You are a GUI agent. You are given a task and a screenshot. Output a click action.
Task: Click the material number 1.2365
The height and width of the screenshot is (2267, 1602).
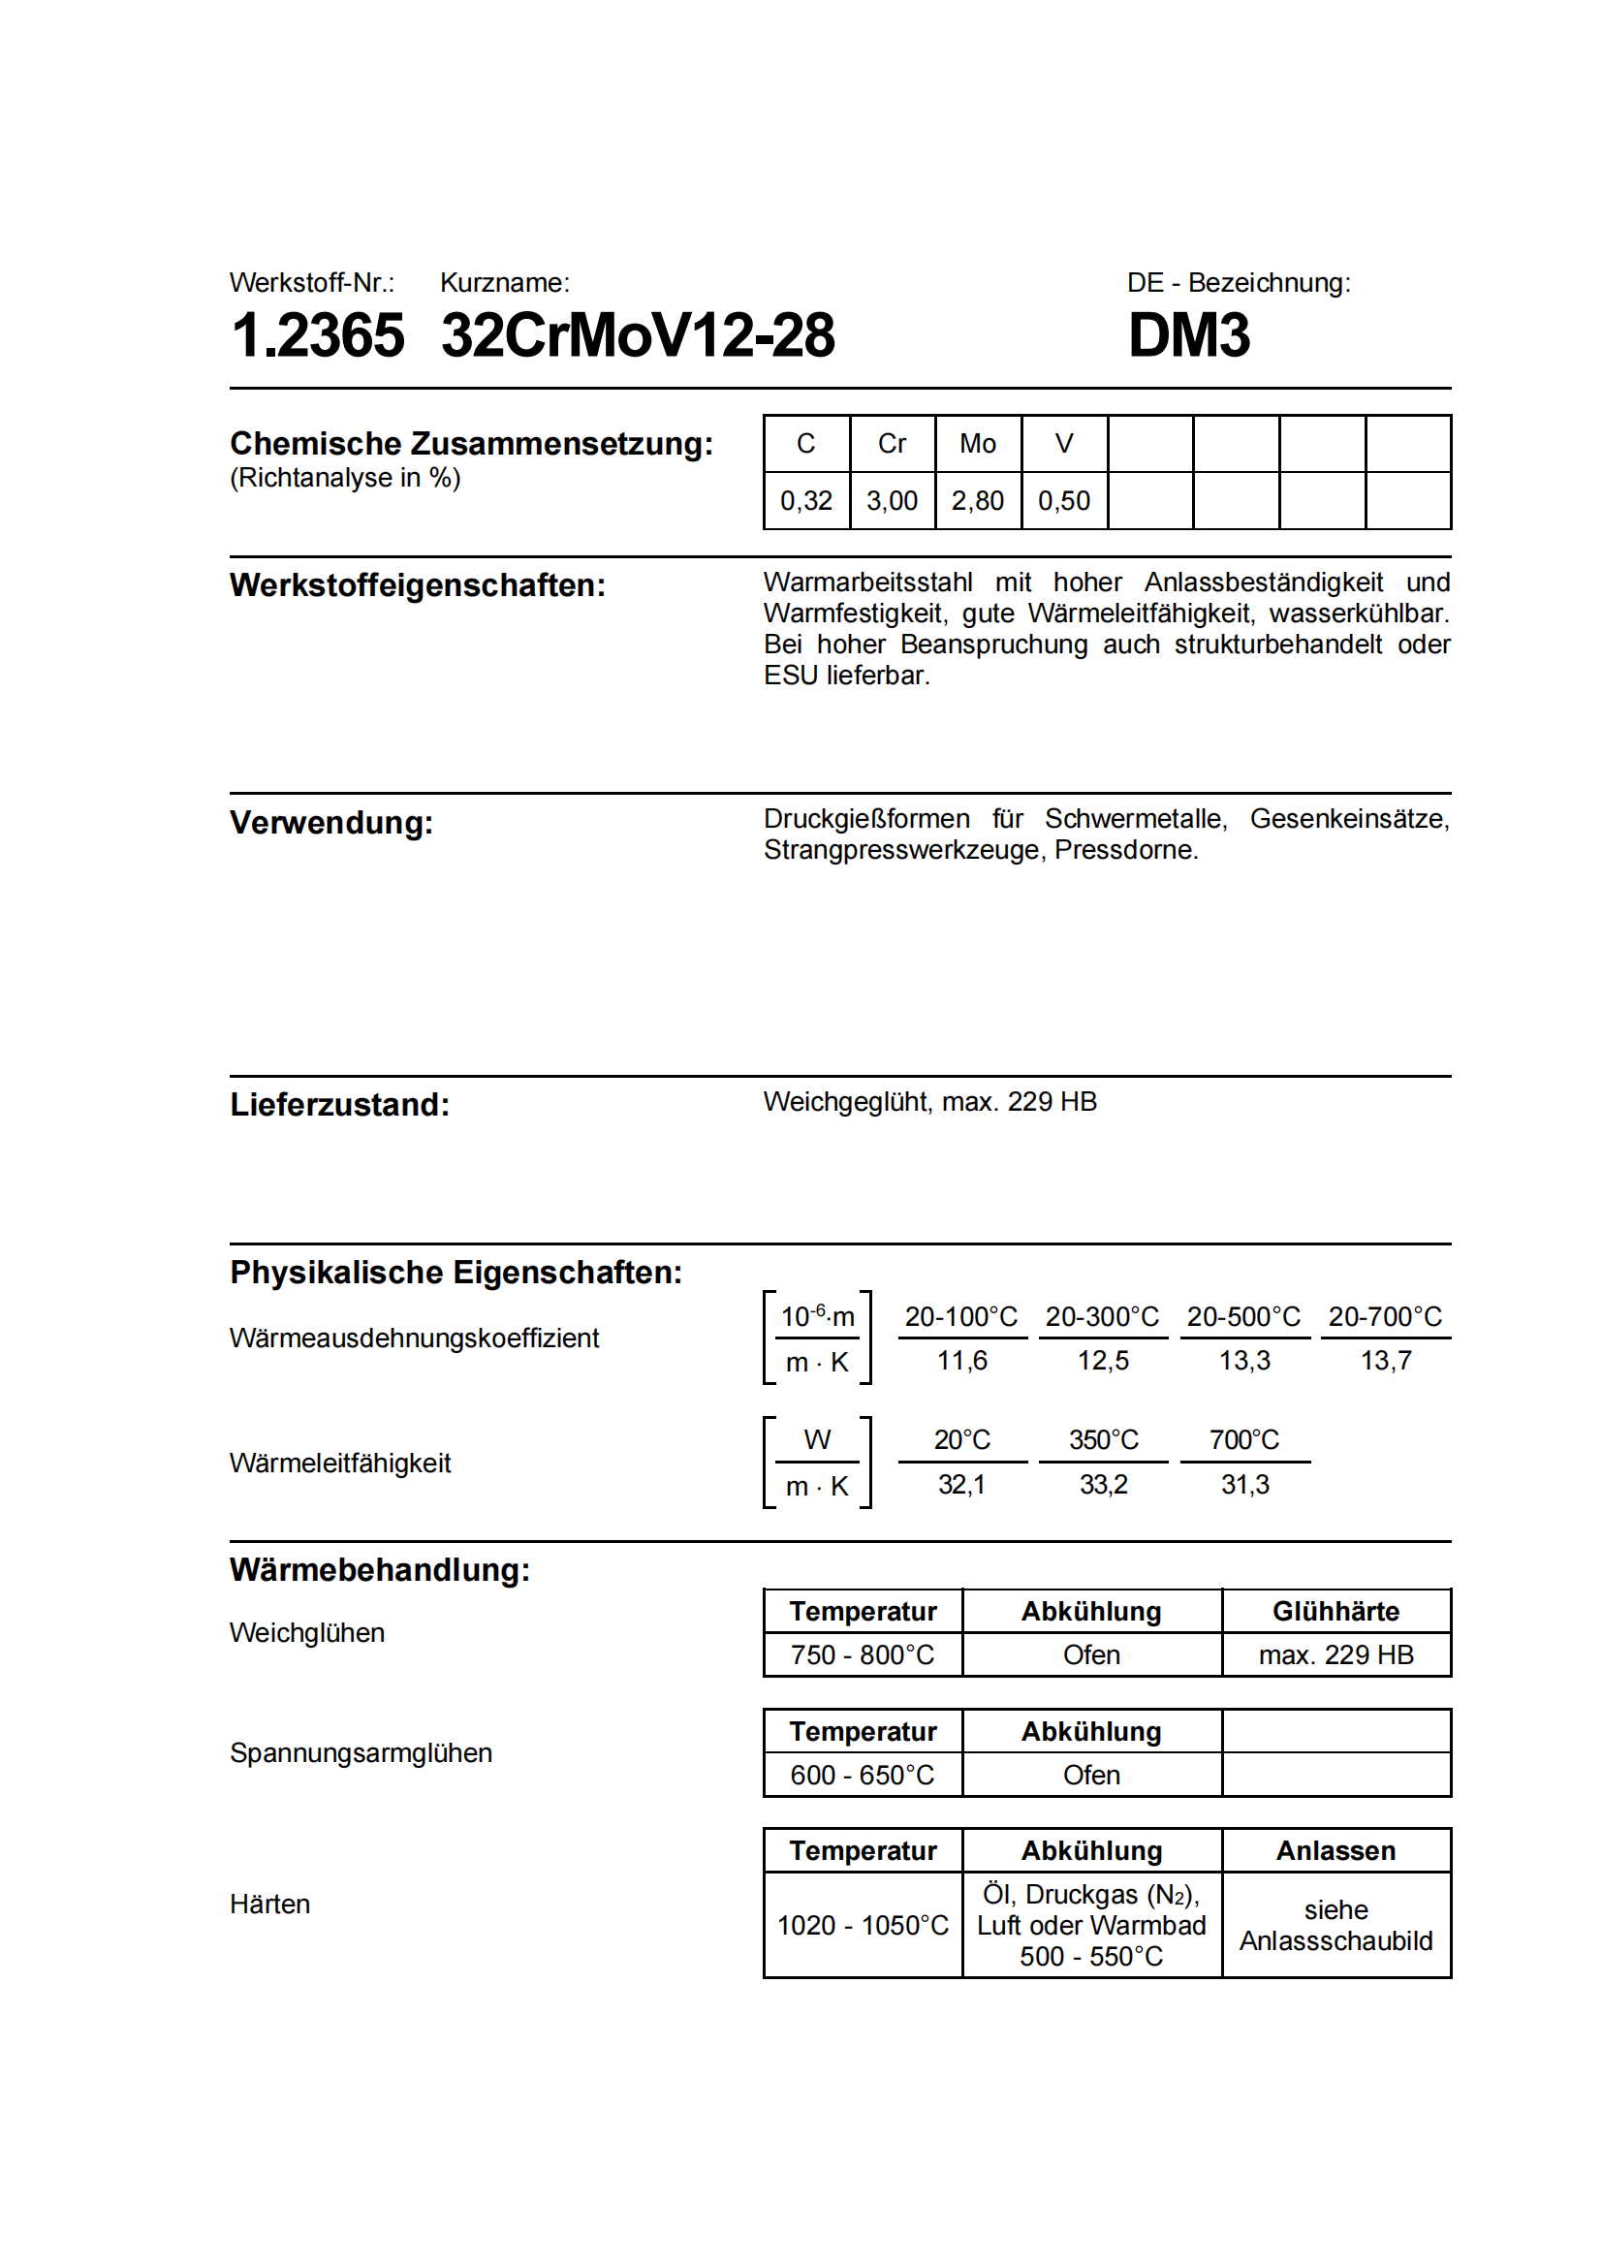pos(317,335)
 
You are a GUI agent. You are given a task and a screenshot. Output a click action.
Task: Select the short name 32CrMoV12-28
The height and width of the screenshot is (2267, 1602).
pos(638,335)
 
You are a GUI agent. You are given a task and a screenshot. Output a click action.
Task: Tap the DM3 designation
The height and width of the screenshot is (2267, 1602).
pos(1188,335)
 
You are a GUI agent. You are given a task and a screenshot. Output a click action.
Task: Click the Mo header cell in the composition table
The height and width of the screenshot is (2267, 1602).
pos(977,444)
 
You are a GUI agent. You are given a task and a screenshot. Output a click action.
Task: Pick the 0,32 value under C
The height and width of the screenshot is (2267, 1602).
pos(805,502)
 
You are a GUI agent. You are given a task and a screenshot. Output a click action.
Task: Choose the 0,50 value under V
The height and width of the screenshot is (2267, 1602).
pos(1063,502)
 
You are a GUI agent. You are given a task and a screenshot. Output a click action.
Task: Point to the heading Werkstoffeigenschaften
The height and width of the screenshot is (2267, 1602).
pos(418,585)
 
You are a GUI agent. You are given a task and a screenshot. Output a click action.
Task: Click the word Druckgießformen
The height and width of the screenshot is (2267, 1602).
pos(865,819)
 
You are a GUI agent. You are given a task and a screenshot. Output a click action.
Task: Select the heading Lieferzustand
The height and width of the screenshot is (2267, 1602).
pos(339,1105)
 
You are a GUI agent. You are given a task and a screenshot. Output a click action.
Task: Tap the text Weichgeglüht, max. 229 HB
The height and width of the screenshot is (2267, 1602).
pos(929,1102)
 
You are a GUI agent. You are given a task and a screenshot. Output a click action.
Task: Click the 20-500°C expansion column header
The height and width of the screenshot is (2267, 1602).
pos(1243,1317)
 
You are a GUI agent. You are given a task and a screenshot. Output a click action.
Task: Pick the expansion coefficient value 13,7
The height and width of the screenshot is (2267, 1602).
pos(1385,1362)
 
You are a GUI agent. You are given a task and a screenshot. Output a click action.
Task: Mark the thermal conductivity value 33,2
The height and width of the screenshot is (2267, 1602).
pos(1103,1485)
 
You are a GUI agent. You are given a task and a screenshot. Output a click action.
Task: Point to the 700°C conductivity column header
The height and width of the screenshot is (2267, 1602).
pos(1243,1440)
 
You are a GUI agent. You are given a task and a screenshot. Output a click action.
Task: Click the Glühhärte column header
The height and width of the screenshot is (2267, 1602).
pos(1335,1612)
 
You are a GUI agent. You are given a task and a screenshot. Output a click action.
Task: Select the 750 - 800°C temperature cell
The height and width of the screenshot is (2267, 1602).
pos(862,1654)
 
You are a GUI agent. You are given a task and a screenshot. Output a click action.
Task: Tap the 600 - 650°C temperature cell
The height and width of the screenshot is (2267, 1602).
pos(862,1776)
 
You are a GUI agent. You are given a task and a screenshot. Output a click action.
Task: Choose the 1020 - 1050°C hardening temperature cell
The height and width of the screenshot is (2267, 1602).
pos(862,1926)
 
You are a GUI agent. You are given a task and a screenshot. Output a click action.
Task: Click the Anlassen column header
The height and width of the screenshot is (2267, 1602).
pos(1335,1851)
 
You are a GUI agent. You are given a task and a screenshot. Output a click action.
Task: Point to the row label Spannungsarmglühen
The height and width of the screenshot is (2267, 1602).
pos(361,1753)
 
